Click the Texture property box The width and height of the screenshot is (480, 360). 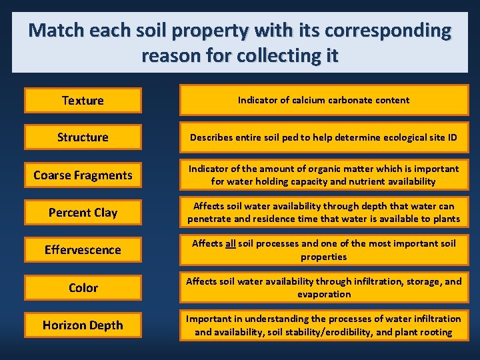(x=83, y=101)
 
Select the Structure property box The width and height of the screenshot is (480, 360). (x=83, y=137)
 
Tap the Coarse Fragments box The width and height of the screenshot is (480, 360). (x=83, y=175)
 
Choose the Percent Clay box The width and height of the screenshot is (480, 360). (x=83, y=213)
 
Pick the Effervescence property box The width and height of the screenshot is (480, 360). (x=83, y=250)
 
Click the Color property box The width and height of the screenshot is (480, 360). (x=83, y=288)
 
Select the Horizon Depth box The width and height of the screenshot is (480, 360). (x=83, y=325)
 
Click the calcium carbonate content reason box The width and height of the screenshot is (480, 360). (x=324, y=100)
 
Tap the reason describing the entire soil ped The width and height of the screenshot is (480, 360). (x=324, y=137)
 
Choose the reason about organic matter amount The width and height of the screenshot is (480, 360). (x=324, y=175)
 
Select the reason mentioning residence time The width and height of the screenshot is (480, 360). (x=324, y=212)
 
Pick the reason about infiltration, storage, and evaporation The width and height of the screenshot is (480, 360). (x=324, y=287)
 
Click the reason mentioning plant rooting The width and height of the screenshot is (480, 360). (x=324, y=325)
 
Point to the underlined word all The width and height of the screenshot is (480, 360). (x=230, y=243)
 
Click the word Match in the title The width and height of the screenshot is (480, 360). (x=56, y=31)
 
